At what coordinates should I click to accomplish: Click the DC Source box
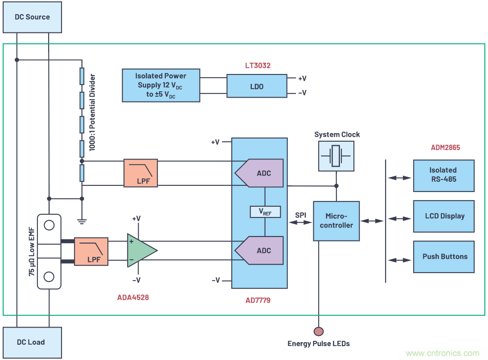point(32,17)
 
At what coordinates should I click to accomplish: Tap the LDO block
point(257,86)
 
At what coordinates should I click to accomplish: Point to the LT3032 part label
point(258,65)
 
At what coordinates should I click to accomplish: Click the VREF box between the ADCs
point(265,212)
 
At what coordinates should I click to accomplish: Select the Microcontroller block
point(336,221)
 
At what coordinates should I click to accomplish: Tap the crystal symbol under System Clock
point(336,156)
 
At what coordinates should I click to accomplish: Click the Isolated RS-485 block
point(443,175)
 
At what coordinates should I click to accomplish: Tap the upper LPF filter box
point(140,173)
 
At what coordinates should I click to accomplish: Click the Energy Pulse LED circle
point(319,331)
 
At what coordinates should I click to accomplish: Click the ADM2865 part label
point(445,147)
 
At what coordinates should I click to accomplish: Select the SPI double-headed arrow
point(301,222)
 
